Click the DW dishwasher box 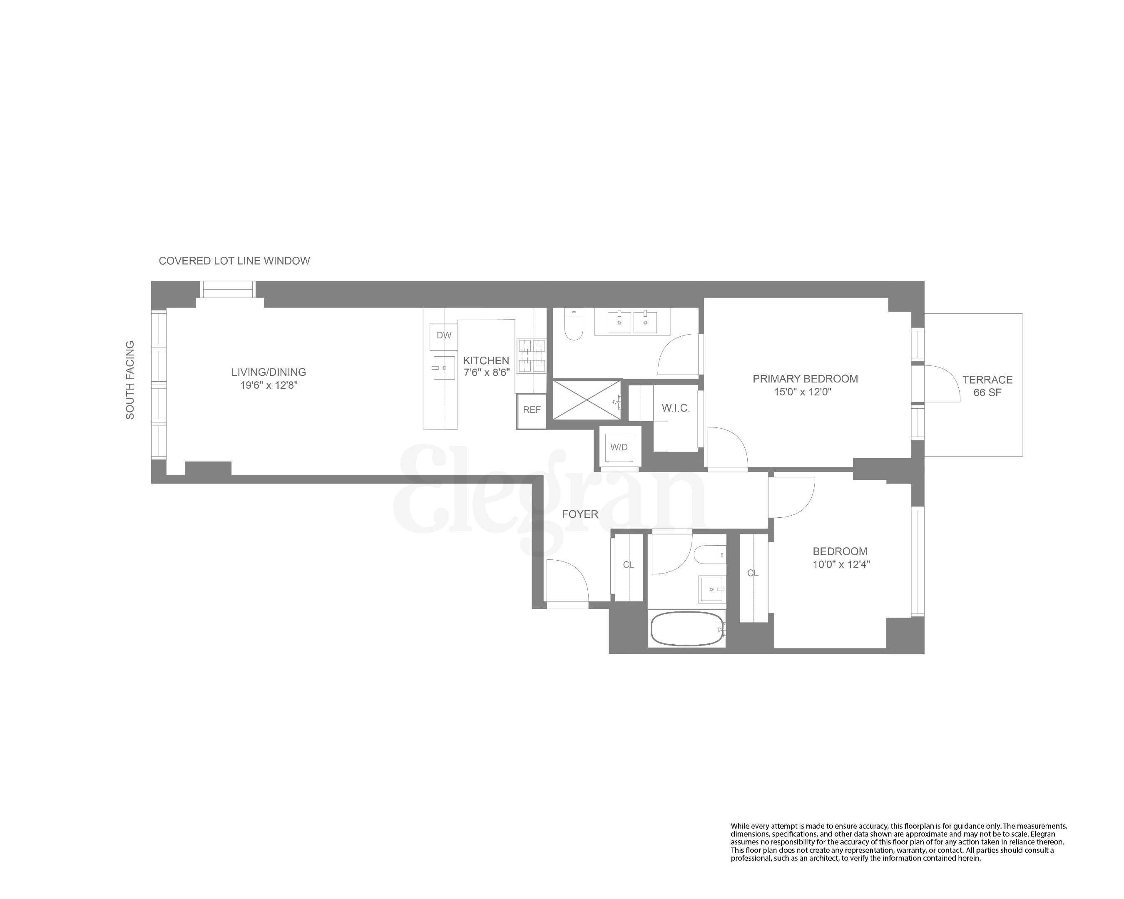pyautogui.click(x=444, y=336)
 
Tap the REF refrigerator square pyautogui.click(x=531, y=410)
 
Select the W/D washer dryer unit pyautogui.click(x=619, y=447)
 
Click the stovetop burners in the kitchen pyautogui.click(x=531, y=356)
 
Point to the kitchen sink pyautogui.click(x=444, y=368)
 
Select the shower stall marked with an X pyautogui.click(x=587, y=400)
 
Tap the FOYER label pyautogui.click(x=580, y=514)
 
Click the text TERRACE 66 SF pyautogui.click(x=987, y=386)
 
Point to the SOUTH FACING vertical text pyautogui.click(x=130, y=380)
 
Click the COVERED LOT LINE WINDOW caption pyautogui.click(x=234, y=261)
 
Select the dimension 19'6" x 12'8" pyautogui.click(x=269, y=386)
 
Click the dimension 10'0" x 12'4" pyautogui.click(x=841, y=564)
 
